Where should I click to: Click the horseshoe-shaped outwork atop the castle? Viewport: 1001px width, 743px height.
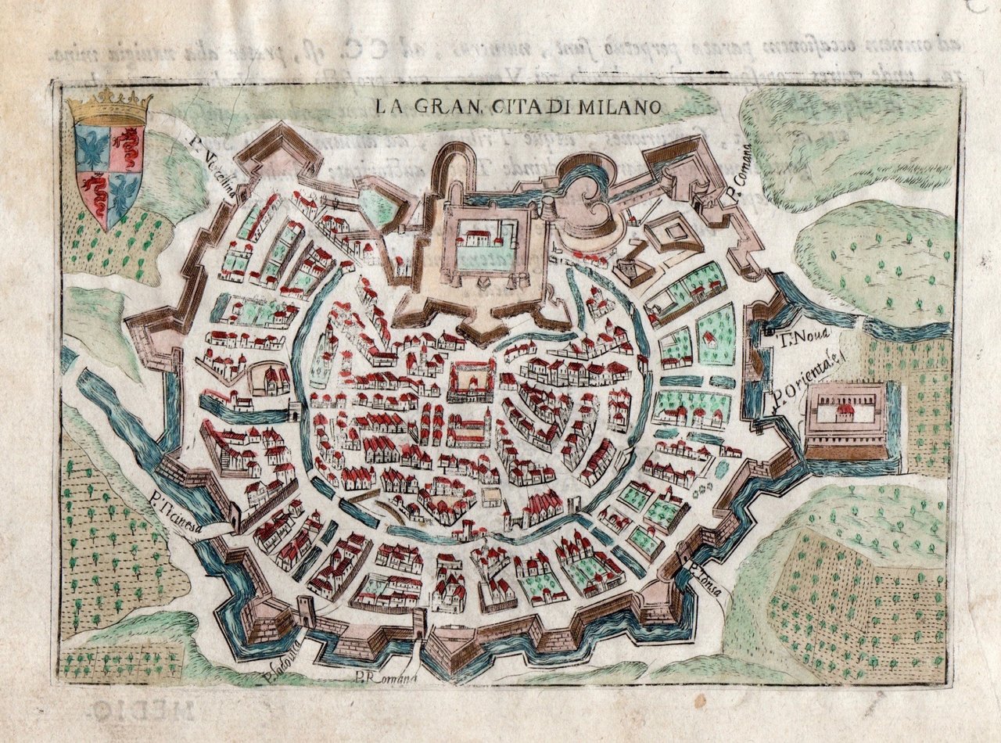click(456, 168)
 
